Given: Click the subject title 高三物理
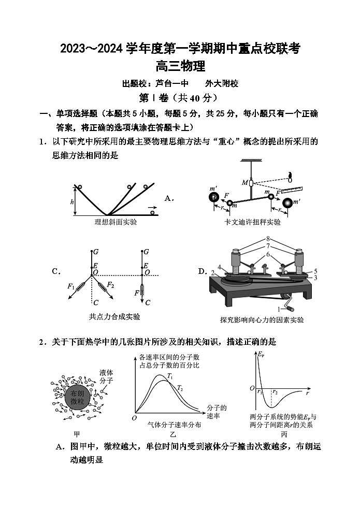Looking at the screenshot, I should click(180, 66).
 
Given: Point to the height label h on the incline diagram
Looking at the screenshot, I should click(72, 202).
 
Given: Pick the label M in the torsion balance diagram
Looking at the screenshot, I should click(244, 182).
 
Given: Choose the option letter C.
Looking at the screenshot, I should click(56, 271).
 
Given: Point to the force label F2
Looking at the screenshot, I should click(110, 284).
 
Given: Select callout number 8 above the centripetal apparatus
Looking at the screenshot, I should click(268, 239).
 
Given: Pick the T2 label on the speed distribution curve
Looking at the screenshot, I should click(180, 388).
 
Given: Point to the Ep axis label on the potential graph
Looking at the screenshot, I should click(261, 355).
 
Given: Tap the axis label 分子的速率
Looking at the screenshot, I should click(217, 412).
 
